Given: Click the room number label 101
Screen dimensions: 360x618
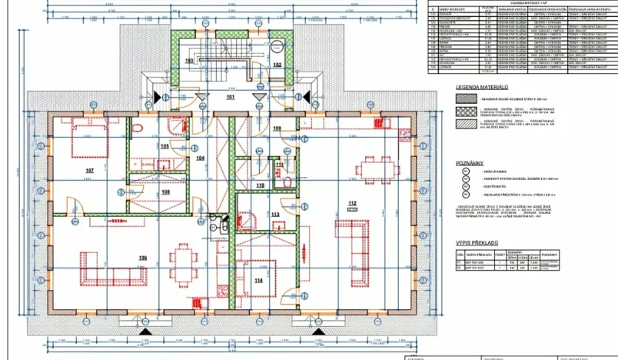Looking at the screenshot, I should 229,98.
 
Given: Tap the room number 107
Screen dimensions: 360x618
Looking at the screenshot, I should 89,170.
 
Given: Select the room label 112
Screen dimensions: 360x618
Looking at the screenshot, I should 353,204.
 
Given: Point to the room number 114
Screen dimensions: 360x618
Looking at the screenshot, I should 258,281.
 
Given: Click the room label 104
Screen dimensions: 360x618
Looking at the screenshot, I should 200,158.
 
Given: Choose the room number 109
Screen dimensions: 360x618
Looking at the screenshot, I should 277,128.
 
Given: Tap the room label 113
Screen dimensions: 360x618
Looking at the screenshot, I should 275,215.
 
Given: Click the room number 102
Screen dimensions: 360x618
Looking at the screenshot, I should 277,65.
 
